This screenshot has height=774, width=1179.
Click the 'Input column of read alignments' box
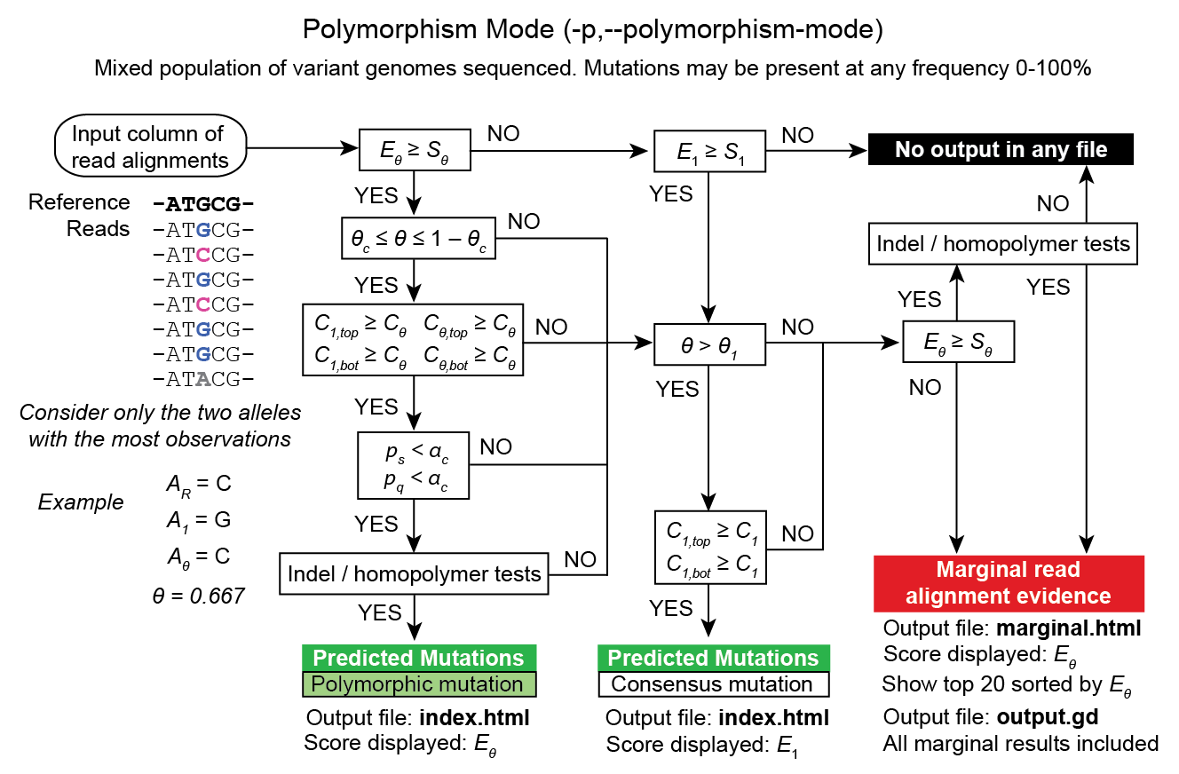pos(150,147)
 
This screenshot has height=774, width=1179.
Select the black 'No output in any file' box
pos(1001,149)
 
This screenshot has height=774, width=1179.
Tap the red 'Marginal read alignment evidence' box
pos(1008,583)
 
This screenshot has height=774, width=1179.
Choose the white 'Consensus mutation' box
pos(713,684)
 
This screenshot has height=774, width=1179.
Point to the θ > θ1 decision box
pos(710,343)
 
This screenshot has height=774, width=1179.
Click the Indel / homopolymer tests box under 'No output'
pos(1002,243)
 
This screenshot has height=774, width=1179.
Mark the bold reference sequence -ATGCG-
pos(203,203)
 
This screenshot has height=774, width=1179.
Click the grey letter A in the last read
pos(203,381)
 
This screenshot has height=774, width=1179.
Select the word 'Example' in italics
pos(81,502)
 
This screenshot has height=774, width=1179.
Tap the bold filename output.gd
pos(1054,717)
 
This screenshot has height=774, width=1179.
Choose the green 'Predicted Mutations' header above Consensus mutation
pos(713,658)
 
